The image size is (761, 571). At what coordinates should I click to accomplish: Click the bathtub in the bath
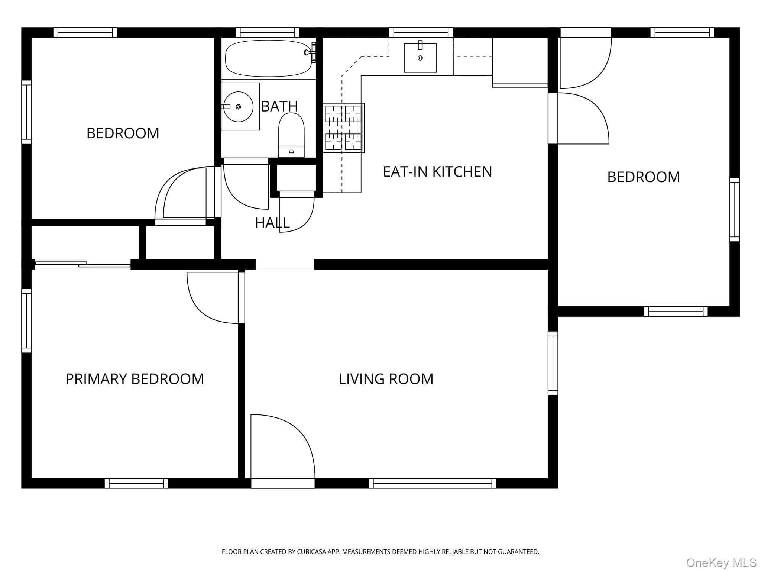(268, 58)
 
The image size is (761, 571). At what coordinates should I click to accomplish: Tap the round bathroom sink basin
(238, 107)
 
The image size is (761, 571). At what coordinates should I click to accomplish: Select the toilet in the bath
(291, 135)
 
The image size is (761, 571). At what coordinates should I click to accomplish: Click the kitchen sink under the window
(420, 58)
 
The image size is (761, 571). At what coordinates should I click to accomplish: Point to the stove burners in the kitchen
(343, 128)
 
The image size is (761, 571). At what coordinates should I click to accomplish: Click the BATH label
(279, 106)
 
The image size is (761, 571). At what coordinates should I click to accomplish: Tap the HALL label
(272, 223)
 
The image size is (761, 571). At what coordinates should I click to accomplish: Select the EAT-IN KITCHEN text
(437, 172)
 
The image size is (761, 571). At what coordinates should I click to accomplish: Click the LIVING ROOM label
(386, 379)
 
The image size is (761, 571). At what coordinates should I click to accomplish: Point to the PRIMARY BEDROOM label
(135, 379)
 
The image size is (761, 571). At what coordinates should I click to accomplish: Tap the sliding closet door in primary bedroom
(82, 264)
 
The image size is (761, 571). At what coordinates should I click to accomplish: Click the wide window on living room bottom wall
(433, 483)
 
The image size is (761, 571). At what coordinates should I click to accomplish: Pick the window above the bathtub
(268, 32)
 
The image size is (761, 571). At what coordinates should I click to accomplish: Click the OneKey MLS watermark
(721, 563)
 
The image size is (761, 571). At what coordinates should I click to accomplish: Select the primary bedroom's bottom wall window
(136, 483)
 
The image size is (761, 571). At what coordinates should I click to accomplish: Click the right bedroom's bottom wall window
(676, 312)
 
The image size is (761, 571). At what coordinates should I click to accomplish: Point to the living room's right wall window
(553, 363)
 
